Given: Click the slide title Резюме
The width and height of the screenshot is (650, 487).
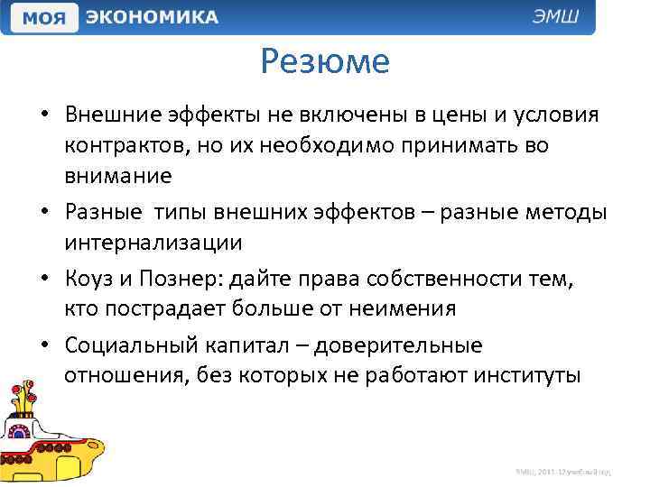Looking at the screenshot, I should click(x=325, y=61).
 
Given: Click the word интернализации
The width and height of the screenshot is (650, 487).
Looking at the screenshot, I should click(x=153, y=241).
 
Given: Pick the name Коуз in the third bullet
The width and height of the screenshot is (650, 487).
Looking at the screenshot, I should click(x=88, y=279).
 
